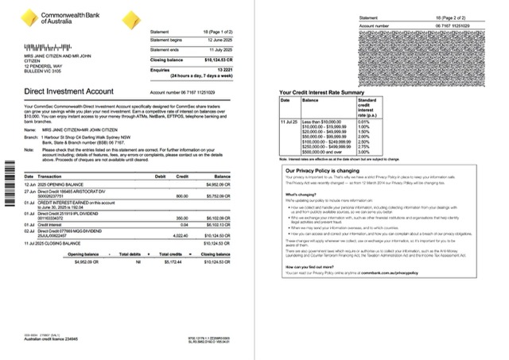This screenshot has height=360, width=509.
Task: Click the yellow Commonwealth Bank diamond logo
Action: click(x=28, y=17)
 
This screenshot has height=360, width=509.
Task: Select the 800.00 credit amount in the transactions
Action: click(x=181, y=195)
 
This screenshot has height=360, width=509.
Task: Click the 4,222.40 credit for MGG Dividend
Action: click(x=180, y=235)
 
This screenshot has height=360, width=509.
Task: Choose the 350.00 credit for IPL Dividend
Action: click(x=181, y=218)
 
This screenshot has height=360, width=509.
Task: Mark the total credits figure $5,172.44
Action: click(x=180, y=260)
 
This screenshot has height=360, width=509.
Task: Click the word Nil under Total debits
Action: click(x=138, y=260)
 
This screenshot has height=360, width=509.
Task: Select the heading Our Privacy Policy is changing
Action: click(x=328, y=171)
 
